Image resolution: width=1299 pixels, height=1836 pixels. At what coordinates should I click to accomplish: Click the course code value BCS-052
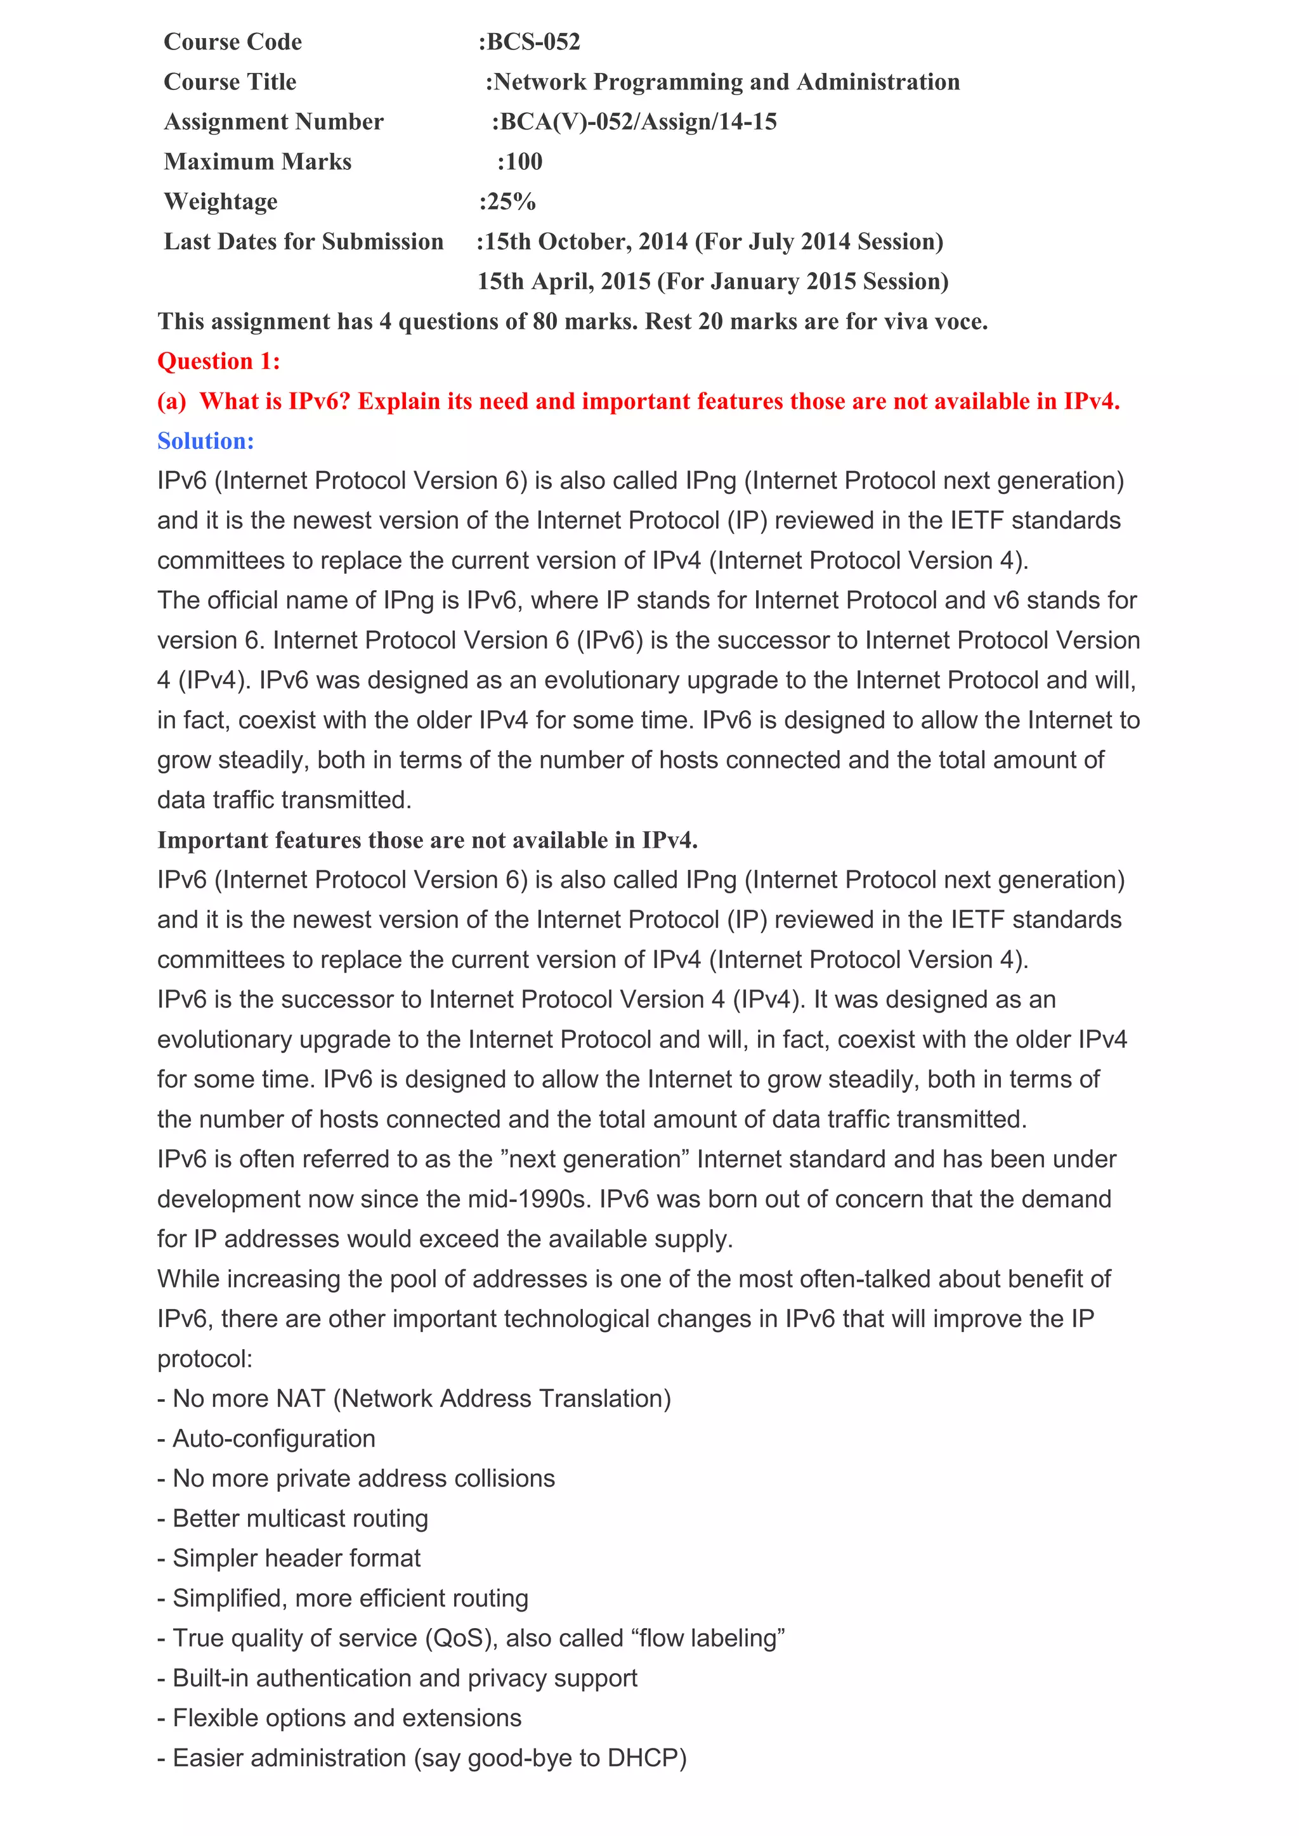point(533,42)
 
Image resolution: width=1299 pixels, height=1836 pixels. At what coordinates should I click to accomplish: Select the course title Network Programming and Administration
point(726,82)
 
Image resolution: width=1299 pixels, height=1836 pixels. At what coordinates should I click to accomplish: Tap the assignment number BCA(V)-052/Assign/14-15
point(637,122)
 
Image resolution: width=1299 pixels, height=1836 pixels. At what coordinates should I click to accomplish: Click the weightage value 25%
point(509,202)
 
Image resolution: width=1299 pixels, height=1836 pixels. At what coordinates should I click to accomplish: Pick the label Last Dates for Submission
point(303,242)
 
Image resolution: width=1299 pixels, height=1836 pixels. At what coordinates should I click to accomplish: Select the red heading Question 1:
point(218,361)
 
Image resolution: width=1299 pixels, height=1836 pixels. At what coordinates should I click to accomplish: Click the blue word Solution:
point(206,441)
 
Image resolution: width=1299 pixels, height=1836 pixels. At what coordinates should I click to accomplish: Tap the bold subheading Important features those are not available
point(427,841)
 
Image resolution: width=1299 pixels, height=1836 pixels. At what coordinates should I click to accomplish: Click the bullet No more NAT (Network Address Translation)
point(414,1399)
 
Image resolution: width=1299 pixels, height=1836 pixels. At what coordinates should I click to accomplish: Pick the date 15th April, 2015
point(563,281)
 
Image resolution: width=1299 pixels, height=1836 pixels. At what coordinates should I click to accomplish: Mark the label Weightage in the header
point(221,202)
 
